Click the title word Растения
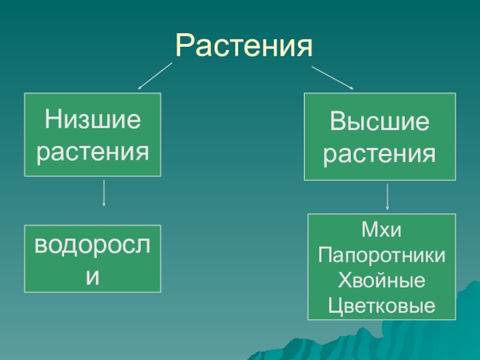244,47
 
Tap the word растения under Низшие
92,152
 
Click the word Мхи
381,230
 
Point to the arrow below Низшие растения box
104,192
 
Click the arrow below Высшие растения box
387,196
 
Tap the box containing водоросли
92,259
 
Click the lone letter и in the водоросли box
92,276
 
